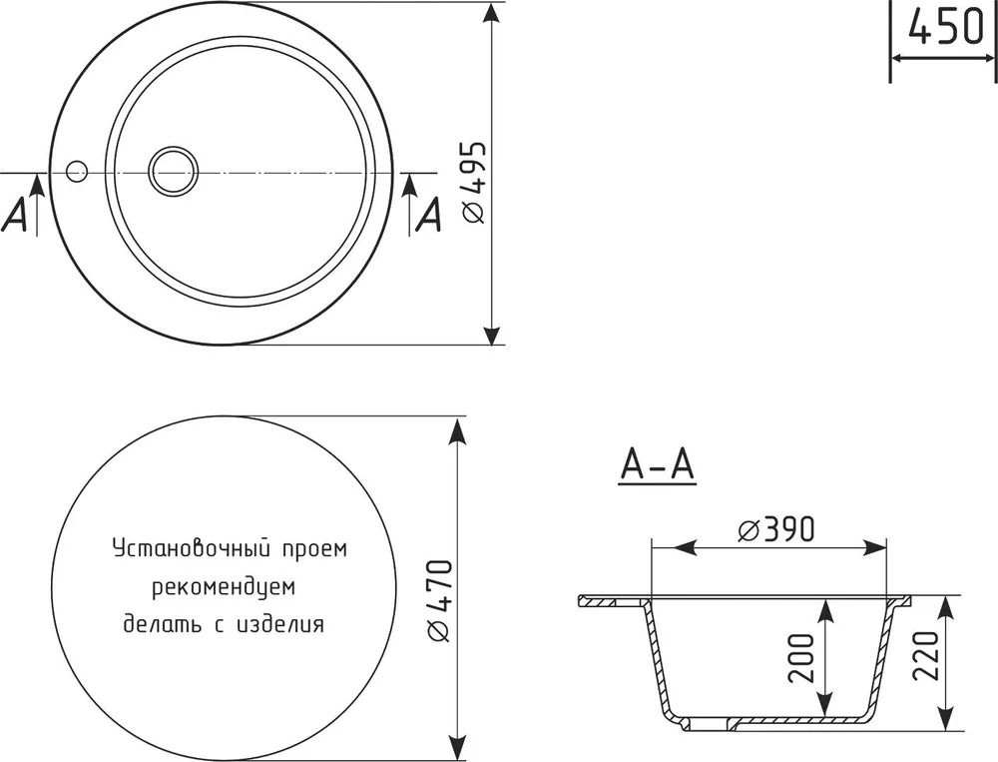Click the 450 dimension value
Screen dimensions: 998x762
pos(946,27)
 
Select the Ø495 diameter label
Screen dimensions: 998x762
pos(474,182)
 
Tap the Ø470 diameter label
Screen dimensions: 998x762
pos(440,601)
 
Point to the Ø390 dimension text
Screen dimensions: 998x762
pos(775,529)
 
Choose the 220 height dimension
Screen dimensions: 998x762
pos(925,656)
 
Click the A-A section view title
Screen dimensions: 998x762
pos(657,465)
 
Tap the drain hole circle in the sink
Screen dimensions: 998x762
pos(173,171)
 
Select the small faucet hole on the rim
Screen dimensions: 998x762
pos(77,171)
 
